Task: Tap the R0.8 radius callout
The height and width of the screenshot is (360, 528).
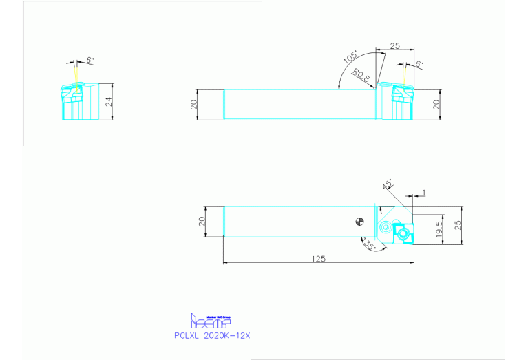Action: coord(361,74)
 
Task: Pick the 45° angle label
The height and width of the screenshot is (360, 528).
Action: coord(388,184)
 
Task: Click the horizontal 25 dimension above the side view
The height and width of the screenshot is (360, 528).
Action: coord(394,45)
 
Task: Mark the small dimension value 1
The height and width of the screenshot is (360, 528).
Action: coord(424,192)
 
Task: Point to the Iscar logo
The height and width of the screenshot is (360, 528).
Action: coord(210,321)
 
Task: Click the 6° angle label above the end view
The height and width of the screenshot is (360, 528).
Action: coord(89,61)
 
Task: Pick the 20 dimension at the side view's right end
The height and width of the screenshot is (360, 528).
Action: coord(435,104)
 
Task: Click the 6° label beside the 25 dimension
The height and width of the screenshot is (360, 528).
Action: coord(419,63)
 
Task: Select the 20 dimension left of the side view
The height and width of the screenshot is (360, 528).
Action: coord(194,105)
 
